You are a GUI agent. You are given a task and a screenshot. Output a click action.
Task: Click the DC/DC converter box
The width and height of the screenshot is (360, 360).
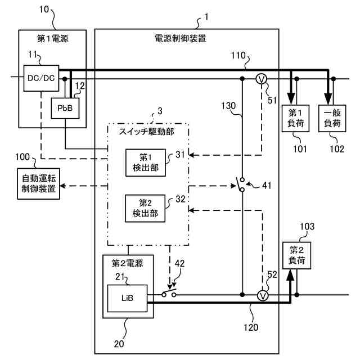(41, 78)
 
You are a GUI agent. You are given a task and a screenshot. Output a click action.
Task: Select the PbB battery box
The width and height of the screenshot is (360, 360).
(65, 108)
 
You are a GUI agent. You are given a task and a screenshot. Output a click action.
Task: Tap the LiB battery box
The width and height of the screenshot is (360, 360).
(128, 298)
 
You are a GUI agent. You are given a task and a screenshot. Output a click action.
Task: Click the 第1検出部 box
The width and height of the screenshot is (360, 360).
(146, 163)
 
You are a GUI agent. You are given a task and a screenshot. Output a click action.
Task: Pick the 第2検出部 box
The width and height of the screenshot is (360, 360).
(145, 208)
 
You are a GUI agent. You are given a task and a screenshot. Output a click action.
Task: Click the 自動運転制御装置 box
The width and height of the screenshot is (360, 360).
(39, 184)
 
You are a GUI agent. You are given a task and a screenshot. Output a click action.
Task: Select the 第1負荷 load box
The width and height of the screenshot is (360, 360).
(295, 118)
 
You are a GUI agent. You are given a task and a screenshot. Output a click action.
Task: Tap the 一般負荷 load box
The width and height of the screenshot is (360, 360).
(332, 118)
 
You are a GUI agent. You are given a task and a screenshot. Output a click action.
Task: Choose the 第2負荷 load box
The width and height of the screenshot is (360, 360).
(296, 255)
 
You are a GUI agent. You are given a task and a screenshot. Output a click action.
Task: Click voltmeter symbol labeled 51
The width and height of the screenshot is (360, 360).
(261, 79)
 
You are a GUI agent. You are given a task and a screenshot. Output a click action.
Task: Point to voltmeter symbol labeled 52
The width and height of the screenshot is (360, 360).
(263, 295)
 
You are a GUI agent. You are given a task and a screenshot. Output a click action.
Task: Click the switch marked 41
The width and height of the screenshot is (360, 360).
(241, 184)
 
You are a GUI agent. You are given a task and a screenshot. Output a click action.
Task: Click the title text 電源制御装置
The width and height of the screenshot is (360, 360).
(180, 38)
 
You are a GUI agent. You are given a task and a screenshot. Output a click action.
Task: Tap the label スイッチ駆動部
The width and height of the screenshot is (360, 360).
(146, 132)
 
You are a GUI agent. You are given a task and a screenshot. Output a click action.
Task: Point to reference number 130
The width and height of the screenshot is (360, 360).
(228, 106)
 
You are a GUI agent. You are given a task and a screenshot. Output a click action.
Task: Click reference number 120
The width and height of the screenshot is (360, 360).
(251, 327)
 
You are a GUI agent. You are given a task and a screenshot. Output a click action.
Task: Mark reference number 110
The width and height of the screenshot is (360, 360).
(238, 55)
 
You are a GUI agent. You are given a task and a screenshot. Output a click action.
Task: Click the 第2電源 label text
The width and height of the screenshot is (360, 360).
(128, 263)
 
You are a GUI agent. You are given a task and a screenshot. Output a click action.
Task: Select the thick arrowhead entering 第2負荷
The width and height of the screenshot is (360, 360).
(290, 275)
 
